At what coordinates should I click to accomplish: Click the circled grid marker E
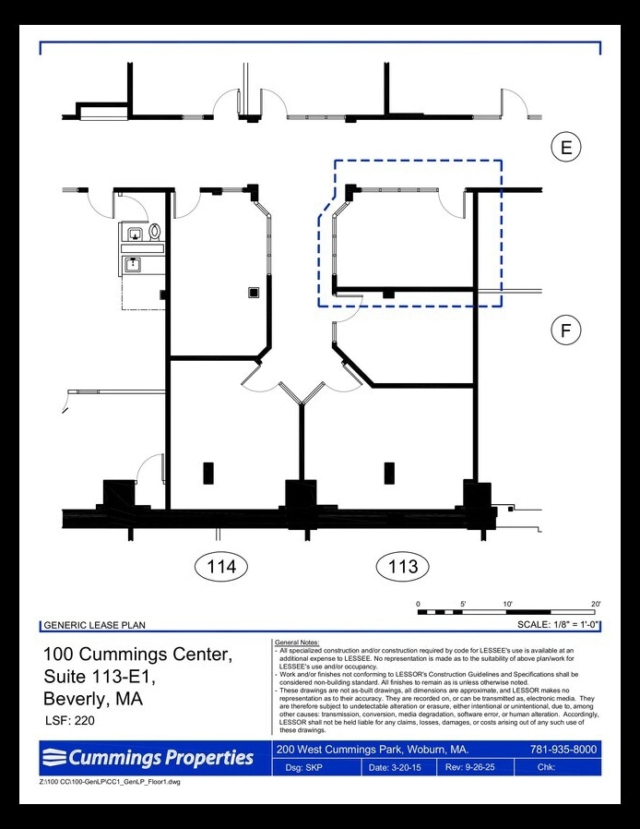click(x=566, y=147)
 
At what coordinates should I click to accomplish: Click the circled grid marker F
click(x=566, y=330)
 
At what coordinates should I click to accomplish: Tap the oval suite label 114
click(x=221, y=566)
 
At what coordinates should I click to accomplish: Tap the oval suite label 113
click(x=402, y=566)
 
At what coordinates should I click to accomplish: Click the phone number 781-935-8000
click(x=563, y=749)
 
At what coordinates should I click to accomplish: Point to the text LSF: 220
click(x=69, y=720)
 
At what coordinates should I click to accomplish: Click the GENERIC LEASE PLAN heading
click(x=94, y=625)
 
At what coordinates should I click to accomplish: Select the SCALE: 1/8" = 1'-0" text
click(x=559, y=625)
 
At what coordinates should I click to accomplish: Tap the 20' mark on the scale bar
click(x=596, y=604)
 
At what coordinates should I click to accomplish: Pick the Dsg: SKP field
click(x=308, y=767)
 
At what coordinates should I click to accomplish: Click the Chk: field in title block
click(x=548, y=767)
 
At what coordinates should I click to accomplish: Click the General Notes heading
click(x=296, y=642)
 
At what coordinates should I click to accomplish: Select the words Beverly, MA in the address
click(x=93, y=699)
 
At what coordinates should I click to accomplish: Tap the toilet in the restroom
click(x=155, y=232)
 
